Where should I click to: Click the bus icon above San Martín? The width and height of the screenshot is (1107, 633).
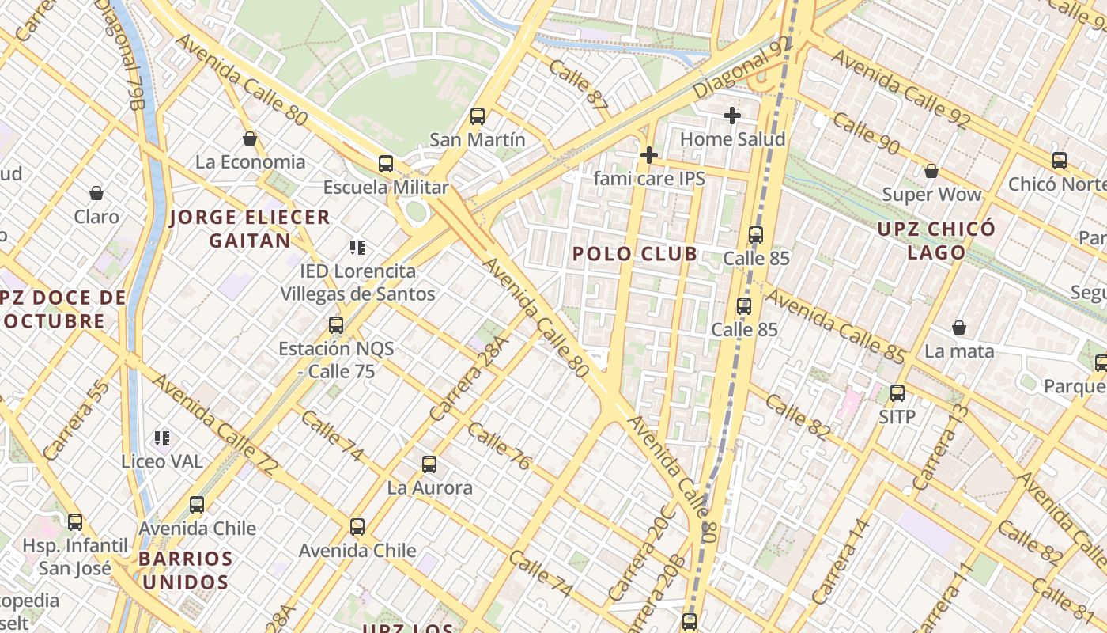pyautogui.click(x=478, y=116)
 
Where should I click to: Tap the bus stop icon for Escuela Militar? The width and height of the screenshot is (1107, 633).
pyautogui.click(x=386, y=164)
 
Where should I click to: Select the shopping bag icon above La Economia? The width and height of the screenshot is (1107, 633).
pyautogui.click(x=250, y=138)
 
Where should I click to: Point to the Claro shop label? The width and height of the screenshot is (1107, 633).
pyautogui.click(x=96, y=216)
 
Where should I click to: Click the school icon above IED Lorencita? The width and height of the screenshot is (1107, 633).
pyautogui.click(x=357, y=248)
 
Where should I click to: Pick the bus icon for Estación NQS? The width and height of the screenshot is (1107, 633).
pyautogui.click(x=336, y=324)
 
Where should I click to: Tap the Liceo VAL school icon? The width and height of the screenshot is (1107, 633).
pyautogui.click(x=162, y=438)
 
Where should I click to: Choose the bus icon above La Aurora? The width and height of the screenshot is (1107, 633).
pyautogui.click(x=429, y=464)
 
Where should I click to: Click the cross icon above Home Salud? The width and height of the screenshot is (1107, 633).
pyautogui.click(x=732, y=116)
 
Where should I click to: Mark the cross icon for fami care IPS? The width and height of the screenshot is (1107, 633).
pyautogui.click(x=649, y=155)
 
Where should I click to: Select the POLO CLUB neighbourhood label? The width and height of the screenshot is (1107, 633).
pyautogui.click(x=635, y=254)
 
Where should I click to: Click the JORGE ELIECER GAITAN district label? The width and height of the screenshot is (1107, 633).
pyautogui.click(x=250, y=229)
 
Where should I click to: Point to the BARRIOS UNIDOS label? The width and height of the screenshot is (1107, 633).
pyautogui.click(x=185, y=570)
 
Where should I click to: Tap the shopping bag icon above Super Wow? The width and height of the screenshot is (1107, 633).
pyautogui.click(x=931, y=171)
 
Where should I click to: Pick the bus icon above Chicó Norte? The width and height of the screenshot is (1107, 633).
pyautogui.click(x=1060, y=161)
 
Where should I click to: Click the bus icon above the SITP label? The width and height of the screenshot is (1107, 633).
pyautogui.click(x=897, y=393)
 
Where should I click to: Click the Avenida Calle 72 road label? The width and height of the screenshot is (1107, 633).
pyautogui.click(x=214, y=426)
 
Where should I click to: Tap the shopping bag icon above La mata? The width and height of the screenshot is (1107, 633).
pyautogui.click(x=959, y=328)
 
